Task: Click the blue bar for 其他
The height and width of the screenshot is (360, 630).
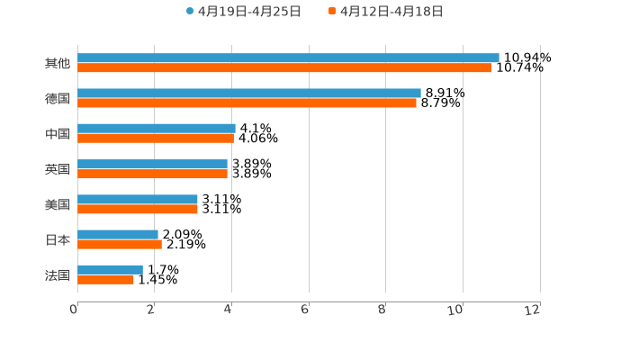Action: tap(288, 58)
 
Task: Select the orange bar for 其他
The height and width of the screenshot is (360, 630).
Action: tap(284, 67)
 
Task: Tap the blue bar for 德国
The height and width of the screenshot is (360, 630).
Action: tap(249, 93)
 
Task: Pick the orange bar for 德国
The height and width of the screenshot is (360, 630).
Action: tap(247, 103)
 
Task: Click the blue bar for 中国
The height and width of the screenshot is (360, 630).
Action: tap(157, 128)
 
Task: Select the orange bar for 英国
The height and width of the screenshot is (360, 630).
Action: tap(152, 174)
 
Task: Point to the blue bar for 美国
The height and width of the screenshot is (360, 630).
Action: tap(138, 199)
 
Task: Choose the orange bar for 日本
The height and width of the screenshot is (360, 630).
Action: tap(120, 244)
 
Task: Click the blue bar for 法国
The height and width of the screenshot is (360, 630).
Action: tap(110, 269)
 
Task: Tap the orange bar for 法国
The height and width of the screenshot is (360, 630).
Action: tap(105, 279)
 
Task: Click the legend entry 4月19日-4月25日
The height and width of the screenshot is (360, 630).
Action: tap(243, 12)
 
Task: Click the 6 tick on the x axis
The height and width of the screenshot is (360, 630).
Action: tap(305, 310)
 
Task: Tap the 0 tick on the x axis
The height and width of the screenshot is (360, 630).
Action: tap(74, 310)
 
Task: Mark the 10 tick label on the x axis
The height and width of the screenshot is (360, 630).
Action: tap(459, 310)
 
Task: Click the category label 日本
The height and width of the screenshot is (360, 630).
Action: tap(58, 239)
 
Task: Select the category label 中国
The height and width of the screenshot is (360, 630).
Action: tap(58, 133)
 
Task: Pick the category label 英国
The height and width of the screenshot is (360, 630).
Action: tap(58, 169)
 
